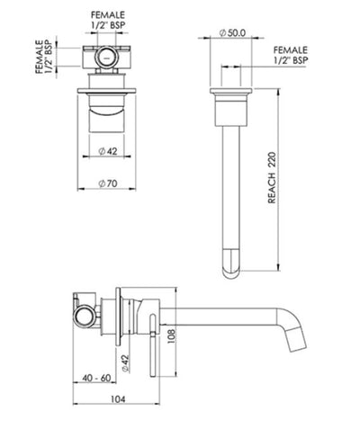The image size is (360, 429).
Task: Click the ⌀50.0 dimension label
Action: click(x=233, y=31)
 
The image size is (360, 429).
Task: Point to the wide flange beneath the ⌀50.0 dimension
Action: click(x=232, y=92)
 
